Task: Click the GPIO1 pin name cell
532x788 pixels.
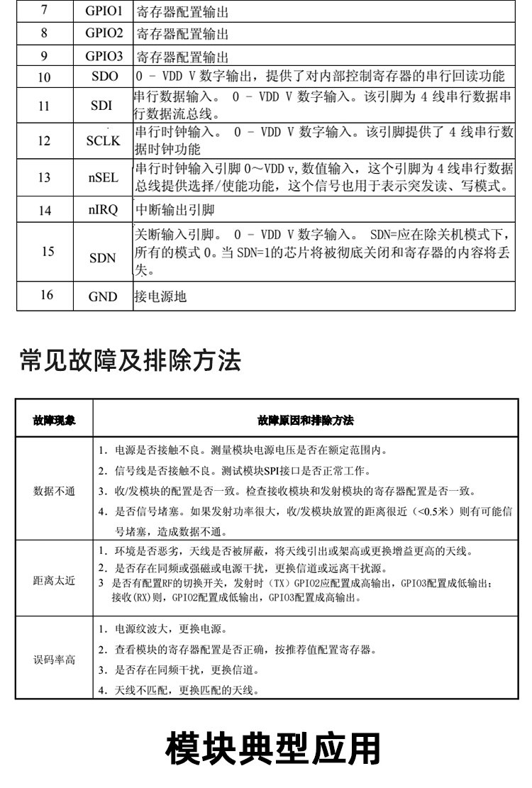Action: click(x=104, y=11)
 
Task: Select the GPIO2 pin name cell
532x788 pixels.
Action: click(x=104, y=33)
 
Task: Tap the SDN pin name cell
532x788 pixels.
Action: click(x=103, y=258)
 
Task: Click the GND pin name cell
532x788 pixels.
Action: click(x=103, y=297)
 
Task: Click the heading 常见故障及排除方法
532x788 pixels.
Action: click(x=131, y=361)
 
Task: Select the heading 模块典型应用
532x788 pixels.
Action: click(x=272, y=750)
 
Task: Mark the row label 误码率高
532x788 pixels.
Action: click(x=54, y=659)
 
